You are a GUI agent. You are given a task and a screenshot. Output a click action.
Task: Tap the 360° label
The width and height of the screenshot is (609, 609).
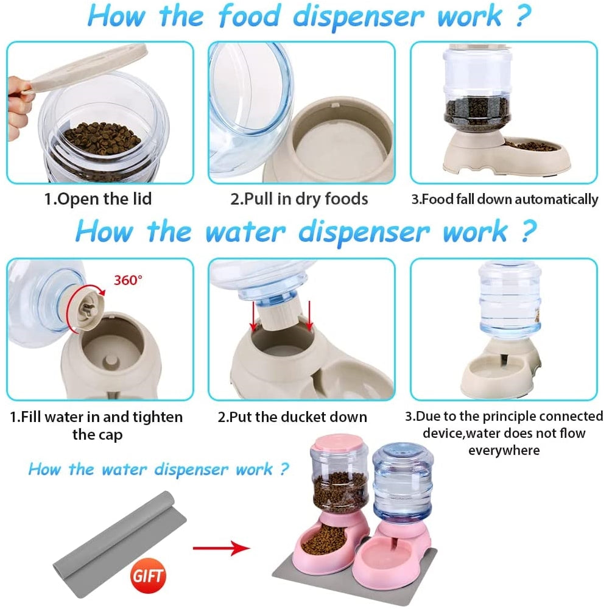click(x=128, y=280)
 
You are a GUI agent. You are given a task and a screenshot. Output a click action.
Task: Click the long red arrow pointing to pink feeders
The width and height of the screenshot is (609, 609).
click(x=221, y=549)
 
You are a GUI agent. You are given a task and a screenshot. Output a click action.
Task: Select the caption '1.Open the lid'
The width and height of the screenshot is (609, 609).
click(x=98, y=199)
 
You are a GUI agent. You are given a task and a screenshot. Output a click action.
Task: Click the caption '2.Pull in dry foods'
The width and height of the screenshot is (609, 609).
click(x=299, y=199)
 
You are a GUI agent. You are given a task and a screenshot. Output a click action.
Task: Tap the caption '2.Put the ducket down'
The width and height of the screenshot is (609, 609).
click(x=292, y=417)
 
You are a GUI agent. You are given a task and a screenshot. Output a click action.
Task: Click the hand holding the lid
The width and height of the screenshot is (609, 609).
click(x=19, y=104)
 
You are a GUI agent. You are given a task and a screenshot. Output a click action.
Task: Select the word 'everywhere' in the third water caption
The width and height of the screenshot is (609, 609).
click(x=504, y=450)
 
